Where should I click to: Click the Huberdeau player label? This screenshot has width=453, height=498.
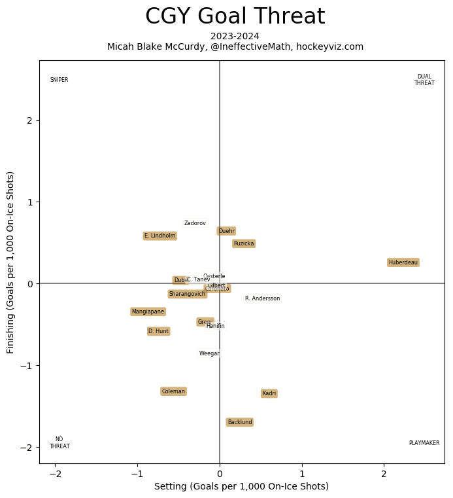(x=403, y=262)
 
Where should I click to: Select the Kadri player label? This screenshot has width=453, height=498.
(x=269, y=393)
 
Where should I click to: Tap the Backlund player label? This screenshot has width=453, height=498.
(x=239, y=422)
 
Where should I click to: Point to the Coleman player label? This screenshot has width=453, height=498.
(x=173, y=391)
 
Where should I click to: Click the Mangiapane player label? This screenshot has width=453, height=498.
(x=148, y=311)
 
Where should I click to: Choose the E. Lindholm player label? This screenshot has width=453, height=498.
(x=159, y=236)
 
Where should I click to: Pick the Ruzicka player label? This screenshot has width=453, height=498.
(x=243, y=243)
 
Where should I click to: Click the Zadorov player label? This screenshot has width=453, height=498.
(x=195, y=223)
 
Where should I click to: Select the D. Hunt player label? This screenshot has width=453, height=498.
(x=158, y=331)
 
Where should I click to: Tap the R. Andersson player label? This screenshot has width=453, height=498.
(x=262, y=298)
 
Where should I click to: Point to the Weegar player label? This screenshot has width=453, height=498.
(x=209, y=353)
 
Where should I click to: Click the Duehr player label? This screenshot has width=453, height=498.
(x=226, y=231)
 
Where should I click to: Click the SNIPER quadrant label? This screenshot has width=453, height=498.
(x=59, y=80)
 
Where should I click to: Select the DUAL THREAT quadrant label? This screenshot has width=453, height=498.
(x=424, y=80)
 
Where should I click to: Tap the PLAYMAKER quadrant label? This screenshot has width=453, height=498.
(x=424, y=443)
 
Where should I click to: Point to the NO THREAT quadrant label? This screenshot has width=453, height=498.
(x=59, y=443)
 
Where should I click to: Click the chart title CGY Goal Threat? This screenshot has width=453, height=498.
(x=235, y=16)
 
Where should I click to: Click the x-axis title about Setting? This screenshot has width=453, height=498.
(x=241, y=486)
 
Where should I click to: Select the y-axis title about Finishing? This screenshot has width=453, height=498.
(x=11, y=262)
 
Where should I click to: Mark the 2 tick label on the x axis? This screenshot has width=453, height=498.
(x=384, y=474)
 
